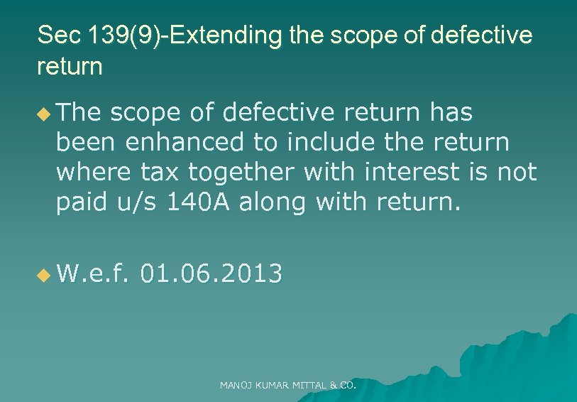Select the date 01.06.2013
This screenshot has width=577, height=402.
pyautogui.click(x=211, y=273)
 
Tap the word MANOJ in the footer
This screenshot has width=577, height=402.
pyautogui.click(x=234, y=386)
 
